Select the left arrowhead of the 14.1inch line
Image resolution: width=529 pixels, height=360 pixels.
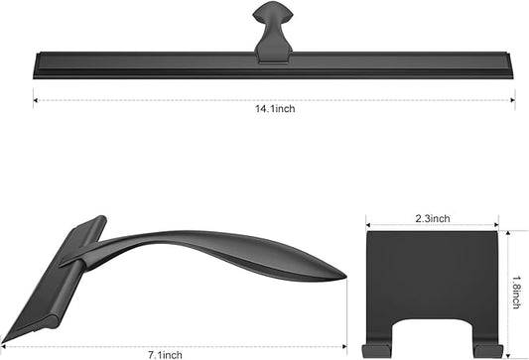click(35, 97)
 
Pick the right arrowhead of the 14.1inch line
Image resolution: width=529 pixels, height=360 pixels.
click(513, 97)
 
